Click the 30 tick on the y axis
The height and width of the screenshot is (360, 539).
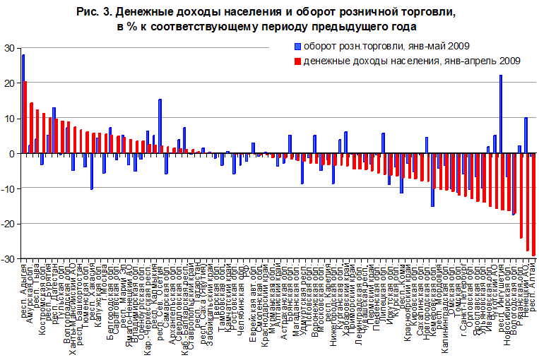[9, 48]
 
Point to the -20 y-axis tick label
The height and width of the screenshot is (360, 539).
[8, 224]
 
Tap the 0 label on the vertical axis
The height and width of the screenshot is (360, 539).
[12, 154]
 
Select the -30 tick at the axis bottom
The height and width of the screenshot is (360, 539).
[8, 260]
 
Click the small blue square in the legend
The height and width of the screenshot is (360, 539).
[298, 47]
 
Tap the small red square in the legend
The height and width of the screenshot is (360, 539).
[298, 61]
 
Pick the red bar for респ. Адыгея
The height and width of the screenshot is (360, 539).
[25, 117]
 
